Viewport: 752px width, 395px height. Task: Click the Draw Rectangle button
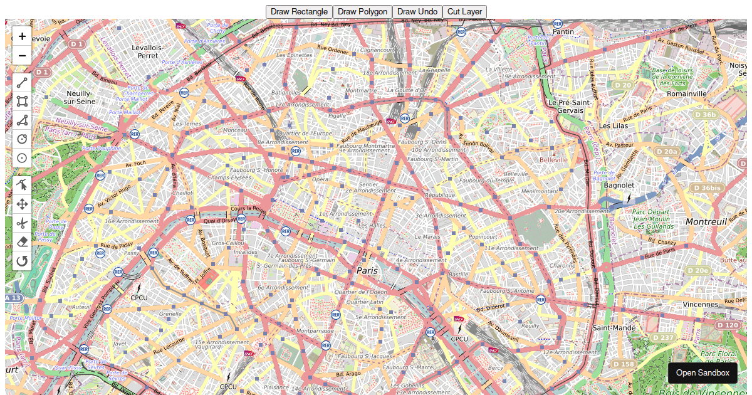point(299,11)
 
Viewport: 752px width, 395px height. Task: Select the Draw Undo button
point(417,11)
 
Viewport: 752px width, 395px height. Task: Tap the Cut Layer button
point(464,11)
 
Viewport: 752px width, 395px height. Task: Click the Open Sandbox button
point(702,372)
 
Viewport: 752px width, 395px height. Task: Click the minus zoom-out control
point(22,55)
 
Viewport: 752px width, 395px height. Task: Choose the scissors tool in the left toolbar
point(22,223)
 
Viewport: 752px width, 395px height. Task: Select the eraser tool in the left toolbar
point(22,241)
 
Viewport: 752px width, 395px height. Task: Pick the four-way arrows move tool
point(22,204)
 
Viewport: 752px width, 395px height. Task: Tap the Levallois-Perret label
point(148,51)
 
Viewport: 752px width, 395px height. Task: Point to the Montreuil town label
point(706,222)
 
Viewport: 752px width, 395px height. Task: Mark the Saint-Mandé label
point(614,328)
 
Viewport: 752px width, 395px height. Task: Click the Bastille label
point(458,275)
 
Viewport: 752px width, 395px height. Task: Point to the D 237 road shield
point(662,338)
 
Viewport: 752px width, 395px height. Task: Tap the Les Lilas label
point(613,125)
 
